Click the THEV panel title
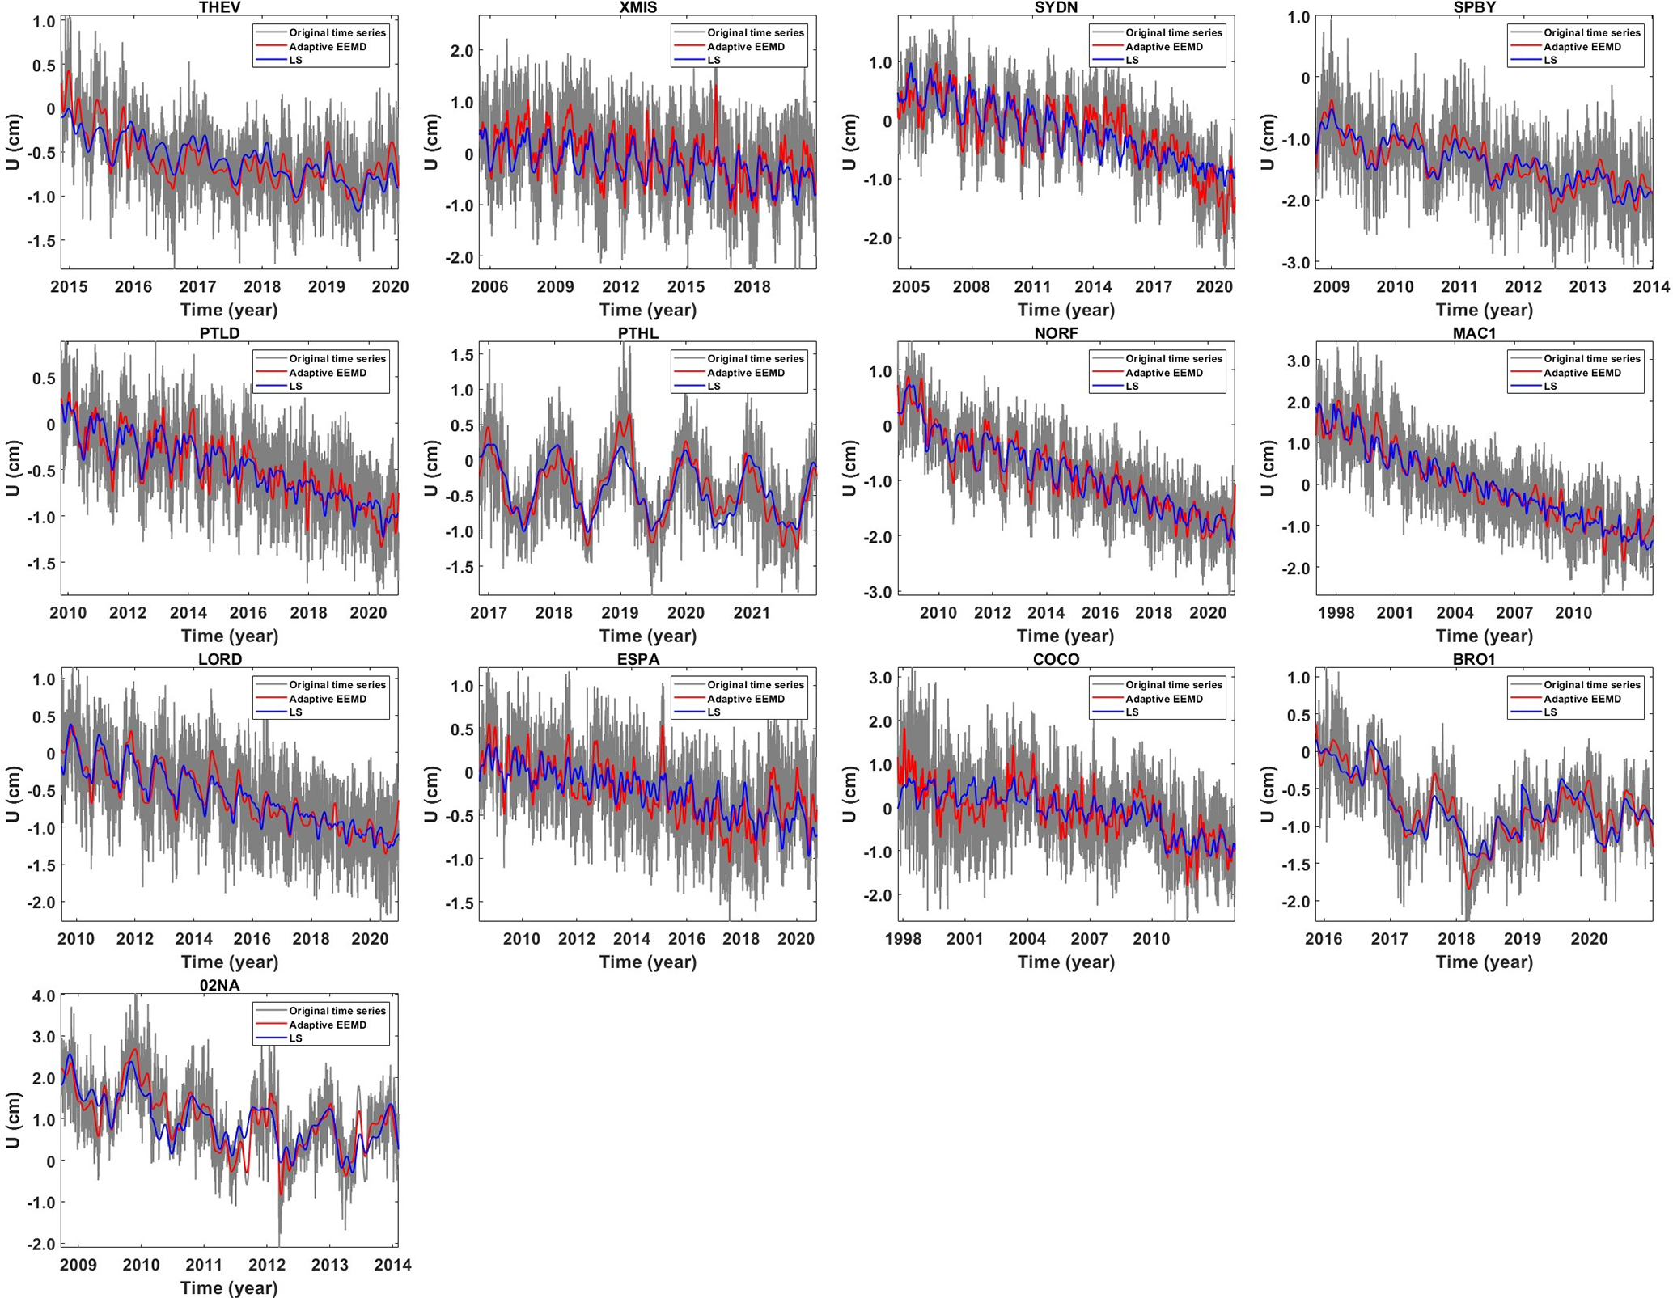point(219,7)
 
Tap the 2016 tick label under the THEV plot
point(133,287)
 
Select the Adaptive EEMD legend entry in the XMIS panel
point(738,47)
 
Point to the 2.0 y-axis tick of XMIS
point(461,51)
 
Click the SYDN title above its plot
point(1056,7)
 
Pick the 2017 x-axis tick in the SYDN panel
point(1154,287)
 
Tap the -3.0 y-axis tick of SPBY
point(1294,263)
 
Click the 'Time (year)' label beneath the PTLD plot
point(229,636)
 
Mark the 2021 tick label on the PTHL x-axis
point(752,613)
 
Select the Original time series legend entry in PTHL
point(755,359)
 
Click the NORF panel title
point(1056,333)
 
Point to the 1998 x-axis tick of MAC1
point(1336,613)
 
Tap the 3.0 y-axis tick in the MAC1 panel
point(1298,361)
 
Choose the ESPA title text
point(638,659)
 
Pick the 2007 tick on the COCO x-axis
point(1089,939)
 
